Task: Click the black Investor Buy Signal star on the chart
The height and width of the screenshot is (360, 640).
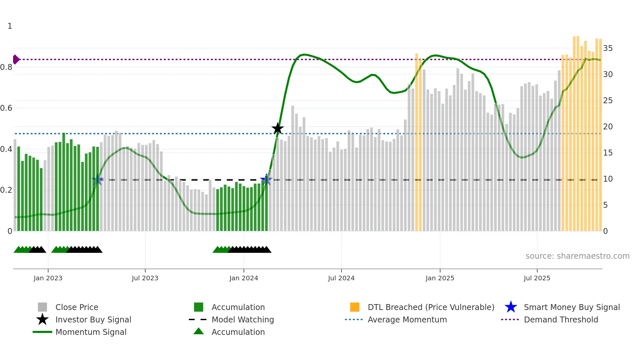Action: (x=278, y=128)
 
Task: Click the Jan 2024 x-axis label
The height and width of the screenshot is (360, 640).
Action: (x=244, y=278)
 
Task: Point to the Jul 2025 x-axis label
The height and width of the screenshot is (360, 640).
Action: (x=537, y=278)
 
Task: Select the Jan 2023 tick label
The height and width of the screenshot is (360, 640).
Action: (x=48, y=278)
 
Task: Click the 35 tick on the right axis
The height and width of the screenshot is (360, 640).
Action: (x=608, y=48)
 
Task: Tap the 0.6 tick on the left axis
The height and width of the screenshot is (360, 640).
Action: (x=7, y=108)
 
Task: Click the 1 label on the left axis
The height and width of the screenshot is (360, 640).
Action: (x=10, y=26)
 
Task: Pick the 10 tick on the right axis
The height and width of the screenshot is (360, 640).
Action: (x=608, y=179)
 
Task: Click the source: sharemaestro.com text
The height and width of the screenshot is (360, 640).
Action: (x=577, y=256)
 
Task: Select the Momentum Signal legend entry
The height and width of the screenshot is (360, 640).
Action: (x=91, y=332)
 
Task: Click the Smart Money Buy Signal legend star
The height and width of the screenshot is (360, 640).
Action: (x=511, y=307)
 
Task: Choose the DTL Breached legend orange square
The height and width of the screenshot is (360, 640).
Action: (x=355, y=307)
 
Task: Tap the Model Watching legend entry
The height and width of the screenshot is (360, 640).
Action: (x=243, y=320)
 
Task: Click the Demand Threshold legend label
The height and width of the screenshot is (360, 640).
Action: (x=561, y=320)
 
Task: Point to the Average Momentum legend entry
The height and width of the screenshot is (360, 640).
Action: (x=407, y=320)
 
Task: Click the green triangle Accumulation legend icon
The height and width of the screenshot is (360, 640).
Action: (x=199, y=332)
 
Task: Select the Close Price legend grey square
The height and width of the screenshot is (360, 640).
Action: (x=42, y=307)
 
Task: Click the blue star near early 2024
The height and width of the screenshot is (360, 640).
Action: (x=266, y=180)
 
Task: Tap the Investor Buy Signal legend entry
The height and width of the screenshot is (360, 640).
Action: (x=93, y=320)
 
